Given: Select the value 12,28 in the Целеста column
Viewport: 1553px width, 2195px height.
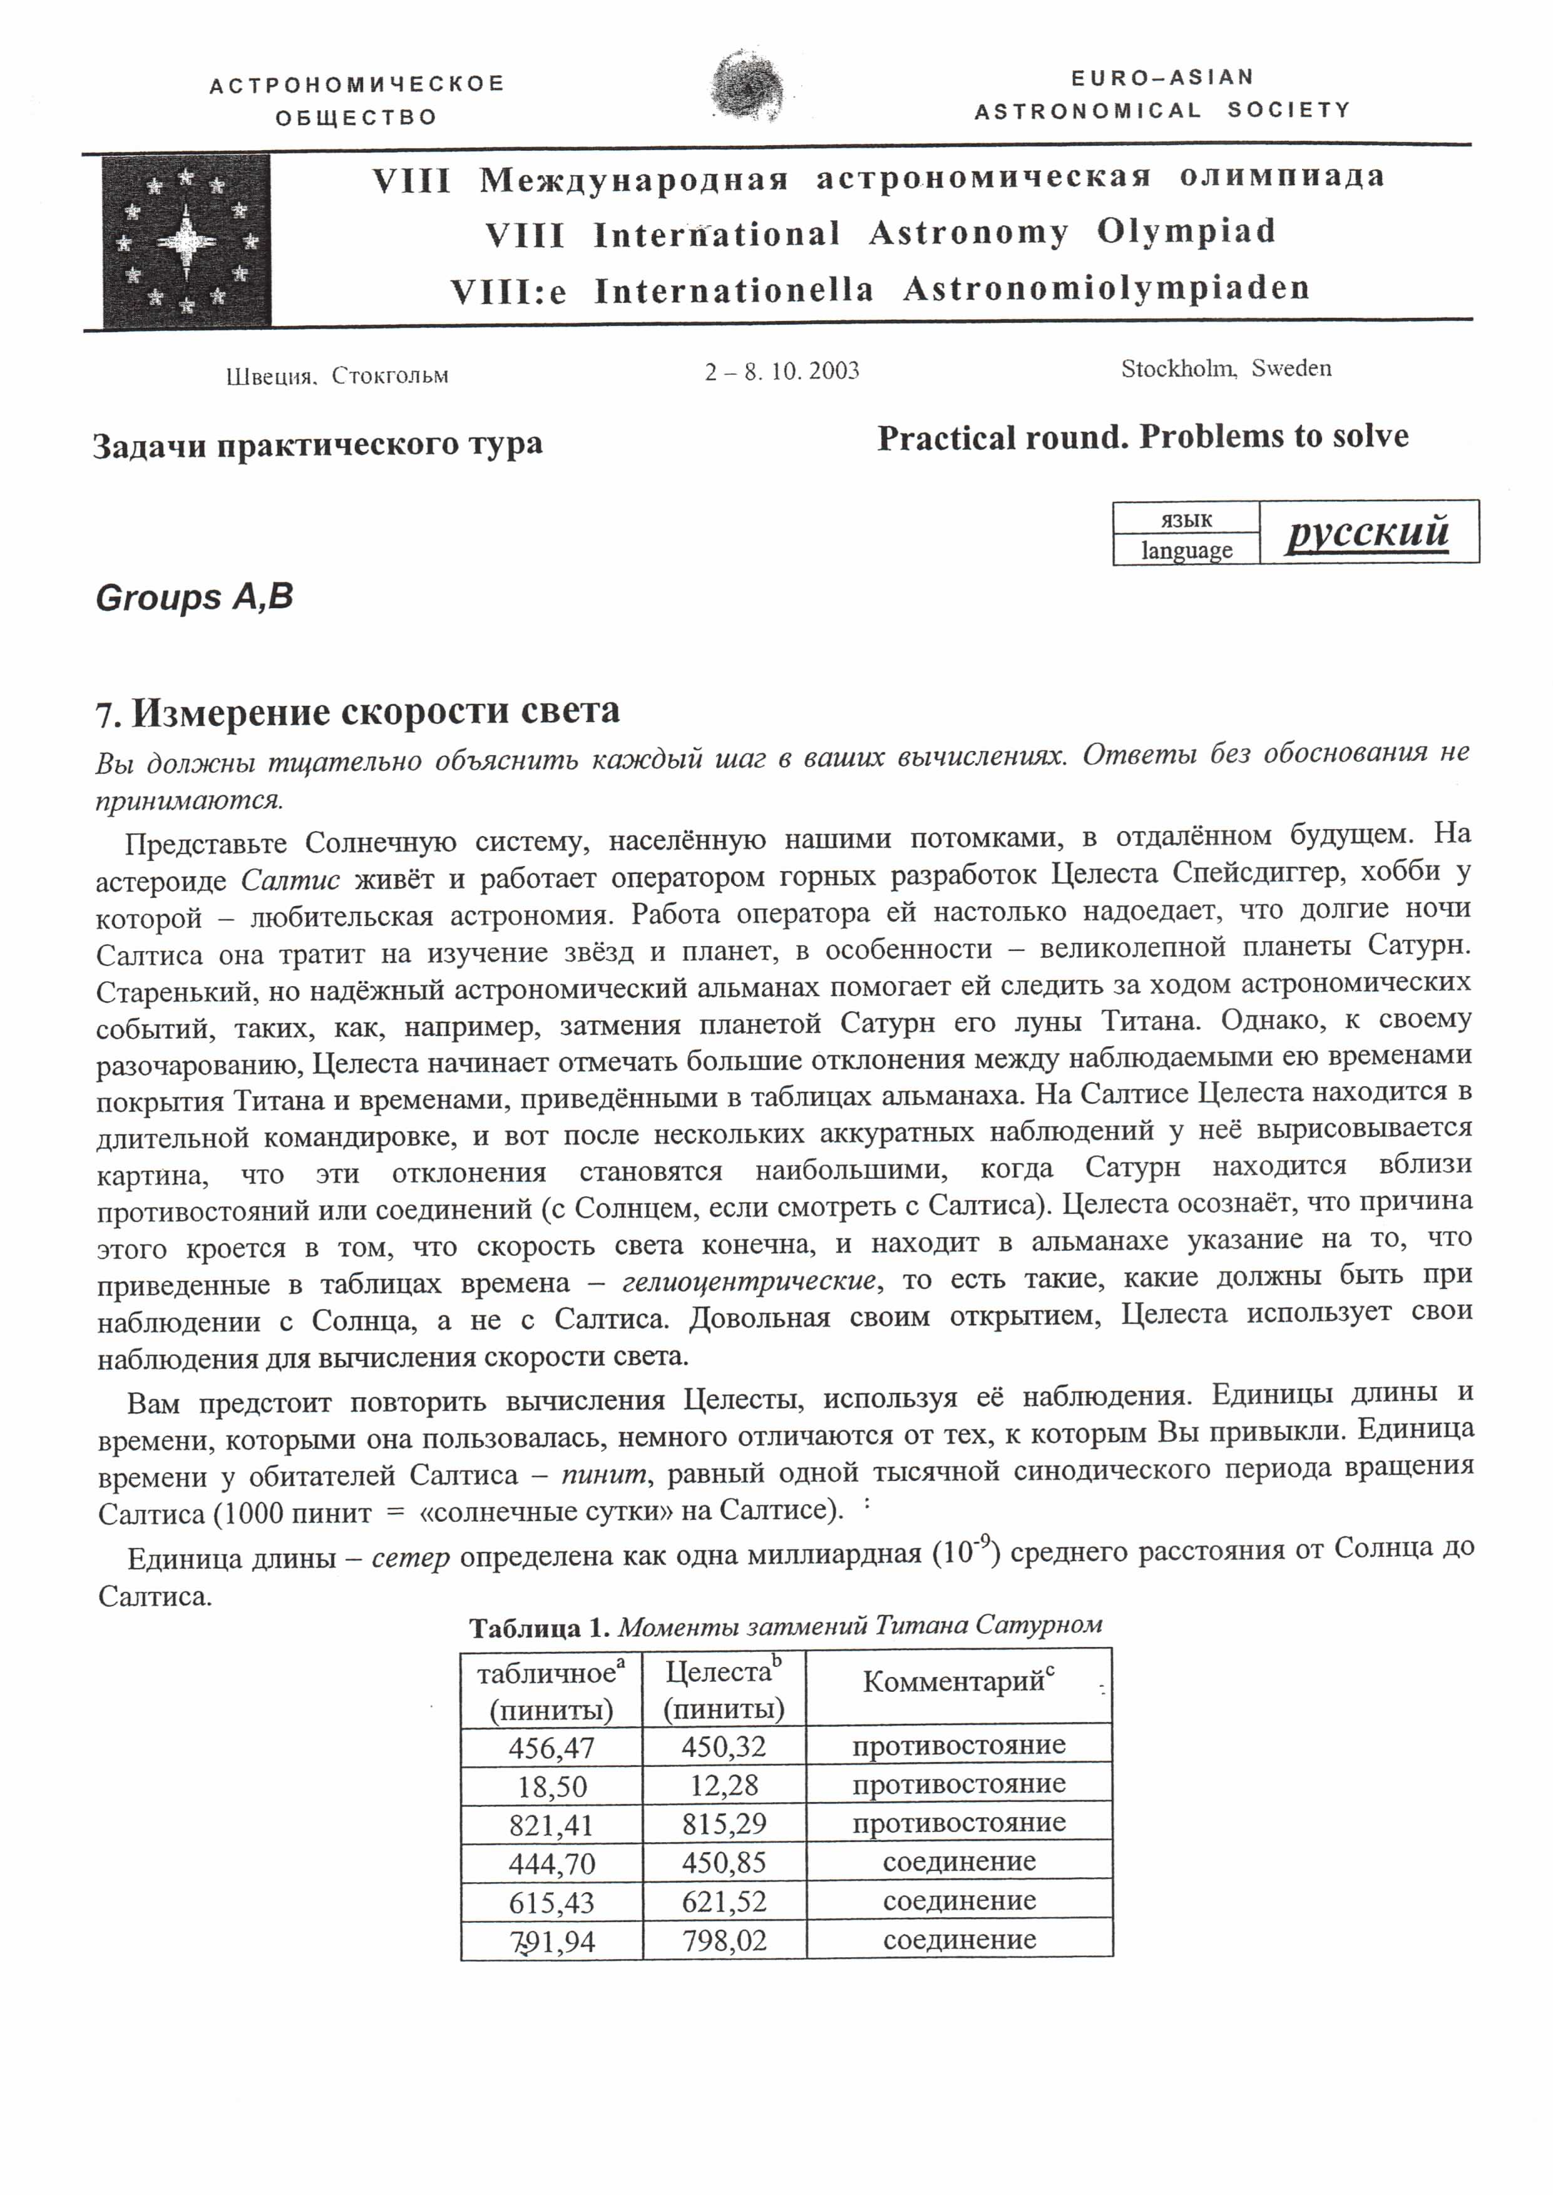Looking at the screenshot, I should click(724, 1786).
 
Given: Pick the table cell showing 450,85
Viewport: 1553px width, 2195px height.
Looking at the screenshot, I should click(724, 1862).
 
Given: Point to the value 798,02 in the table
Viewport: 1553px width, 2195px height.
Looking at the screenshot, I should click(724, 1941).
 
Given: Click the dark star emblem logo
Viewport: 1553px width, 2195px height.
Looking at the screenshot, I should click(187, 241).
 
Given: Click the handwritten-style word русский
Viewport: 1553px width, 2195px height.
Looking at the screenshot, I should click(1368, 531).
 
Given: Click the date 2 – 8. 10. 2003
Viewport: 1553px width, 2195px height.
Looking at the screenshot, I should click(782, 371).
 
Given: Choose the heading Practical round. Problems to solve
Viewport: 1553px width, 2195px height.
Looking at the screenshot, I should click(1143, 437).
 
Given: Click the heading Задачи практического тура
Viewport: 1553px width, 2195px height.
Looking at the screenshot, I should click(317, 444).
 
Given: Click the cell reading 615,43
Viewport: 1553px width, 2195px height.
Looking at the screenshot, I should click(551, 1902).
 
